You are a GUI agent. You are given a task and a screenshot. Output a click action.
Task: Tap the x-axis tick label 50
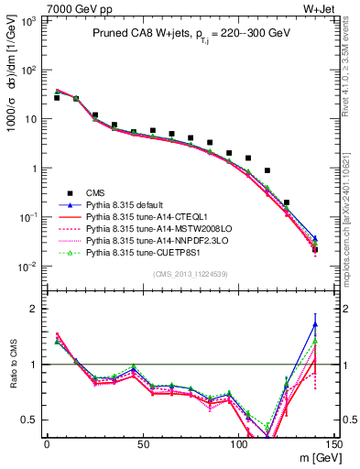coord(143,444)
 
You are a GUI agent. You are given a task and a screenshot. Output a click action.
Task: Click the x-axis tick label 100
coord(238,444)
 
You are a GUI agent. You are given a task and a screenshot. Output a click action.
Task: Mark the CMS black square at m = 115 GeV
coord(267,170)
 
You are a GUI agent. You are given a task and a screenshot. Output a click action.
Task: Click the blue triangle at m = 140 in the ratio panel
coord(315,323)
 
